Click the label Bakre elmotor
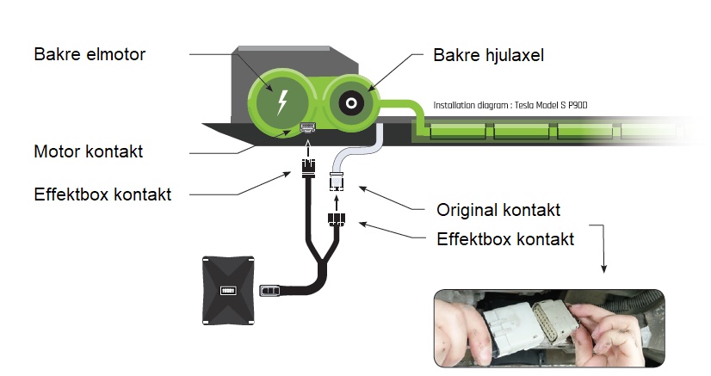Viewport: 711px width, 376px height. coord(90,54)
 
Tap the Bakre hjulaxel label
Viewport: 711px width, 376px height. coord(488,55)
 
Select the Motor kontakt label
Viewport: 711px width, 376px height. coord(89,151)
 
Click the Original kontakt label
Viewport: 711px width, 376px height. coord(498,210)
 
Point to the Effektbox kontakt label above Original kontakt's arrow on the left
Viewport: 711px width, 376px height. coord(102,194)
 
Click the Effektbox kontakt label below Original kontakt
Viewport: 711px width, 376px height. coord(505,239)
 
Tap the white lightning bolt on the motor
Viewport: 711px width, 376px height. coord(282,102)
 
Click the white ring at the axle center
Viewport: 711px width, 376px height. coord(351,103)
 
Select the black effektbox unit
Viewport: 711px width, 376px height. coord(227,290)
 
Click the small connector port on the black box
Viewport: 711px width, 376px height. coord(227,290)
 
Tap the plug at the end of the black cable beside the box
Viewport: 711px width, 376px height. coord(269,290)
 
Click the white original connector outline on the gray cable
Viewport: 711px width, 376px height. coord(336,182)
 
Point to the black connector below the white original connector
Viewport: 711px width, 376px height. coord(336,219)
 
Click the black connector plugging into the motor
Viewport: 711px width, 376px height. coord(308,168)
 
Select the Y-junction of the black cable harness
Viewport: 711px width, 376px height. coord(323,260)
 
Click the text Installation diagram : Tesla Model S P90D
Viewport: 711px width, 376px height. coord(510,106)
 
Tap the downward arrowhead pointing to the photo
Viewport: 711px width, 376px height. coord(603,268)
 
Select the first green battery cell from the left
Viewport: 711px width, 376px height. coord(458,132)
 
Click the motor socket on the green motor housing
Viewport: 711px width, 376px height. coord(308,127)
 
